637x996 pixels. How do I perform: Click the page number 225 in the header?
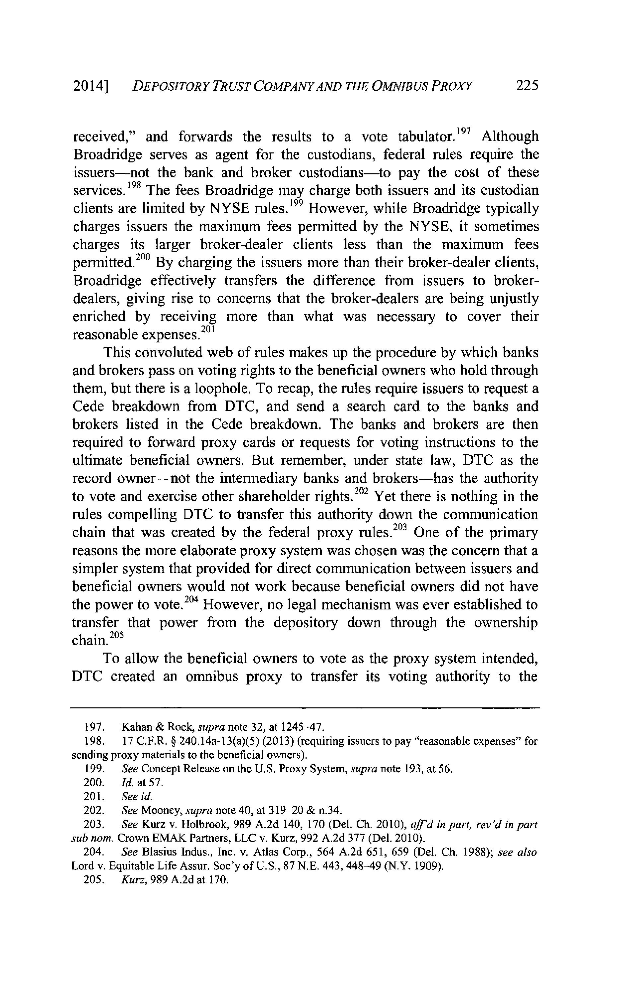pyautogui.click(x=527, y=86)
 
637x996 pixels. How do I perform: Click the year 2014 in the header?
pyautogui.click(x=89, y=86)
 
